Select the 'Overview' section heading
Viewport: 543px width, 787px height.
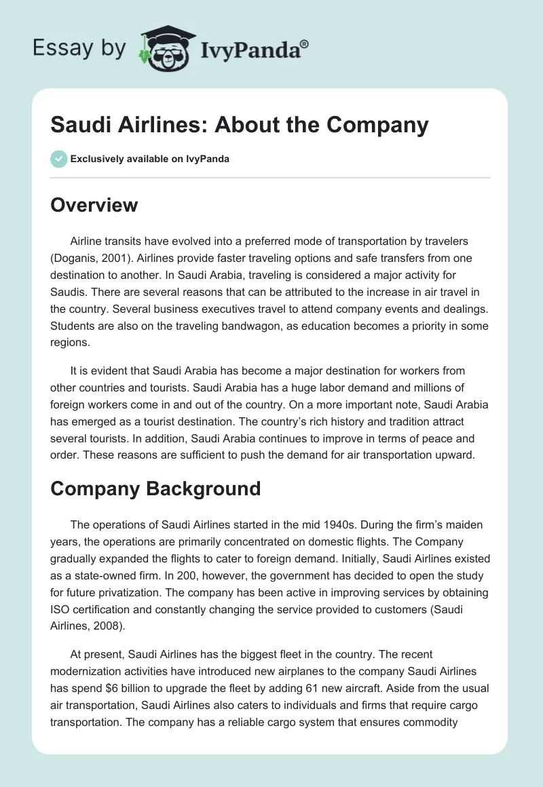(94, 205)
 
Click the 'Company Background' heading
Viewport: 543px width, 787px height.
(155, 488)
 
